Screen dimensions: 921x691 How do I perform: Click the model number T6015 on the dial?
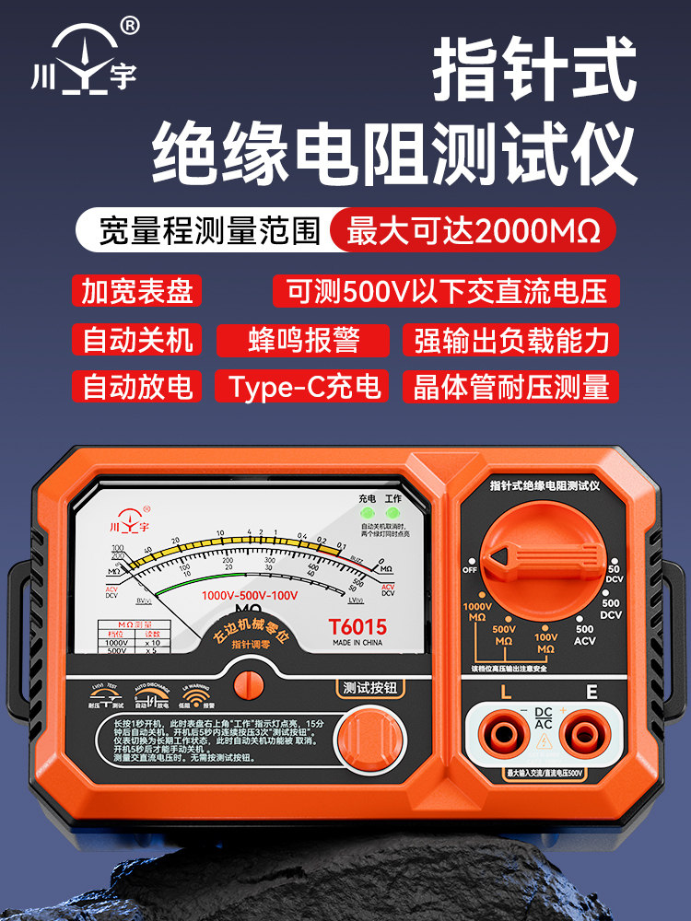pyautogui.click(x=357, y=627)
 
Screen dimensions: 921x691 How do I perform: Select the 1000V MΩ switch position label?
pyautogui.click(x=477, y=612)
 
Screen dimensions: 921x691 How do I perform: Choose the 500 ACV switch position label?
pyautogui.click(x=584, y=635)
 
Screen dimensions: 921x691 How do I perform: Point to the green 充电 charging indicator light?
pyautogui.click(x=368, y=514)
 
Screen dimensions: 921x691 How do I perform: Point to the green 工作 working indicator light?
pyautogui.click(x=393, y=514)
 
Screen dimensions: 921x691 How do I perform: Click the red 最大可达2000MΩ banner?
pyautogui.click(x=472, y=229)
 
